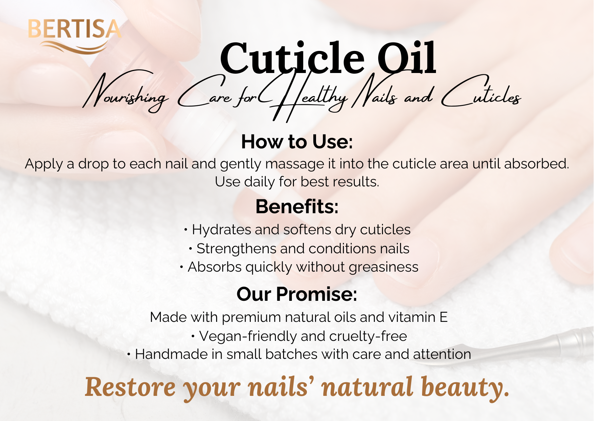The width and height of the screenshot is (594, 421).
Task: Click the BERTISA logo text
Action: (x=74, y=29)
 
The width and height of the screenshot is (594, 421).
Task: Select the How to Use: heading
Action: (x=297, y=142)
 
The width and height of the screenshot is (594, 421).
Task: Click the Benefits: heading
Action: (x=297, y=206)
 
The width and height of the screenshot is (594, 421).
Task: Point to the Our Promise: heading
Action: (x=297, y=294)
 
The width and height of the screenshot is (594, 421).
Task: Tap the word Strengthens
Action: (x=236, y=249)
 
